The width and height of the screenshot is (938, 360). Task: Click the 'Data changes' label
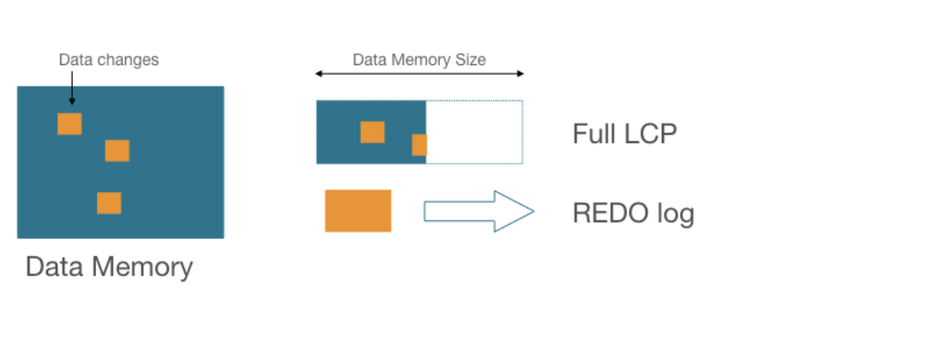[x=108, y=60]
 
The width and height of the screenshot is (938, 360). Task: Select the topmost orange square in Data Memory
[x=69, y=123]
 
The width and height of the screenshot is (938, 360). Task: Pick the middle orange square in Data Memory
[x=117, y=151]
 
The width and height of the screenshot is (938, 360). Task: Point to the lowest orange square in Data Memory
[x=109, y=203]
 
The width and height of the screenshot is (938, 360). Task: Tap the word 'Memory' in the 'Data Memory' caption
[x=142, y=267]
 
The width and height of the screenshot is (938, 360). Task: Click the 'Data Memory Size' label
[x=419, y=60]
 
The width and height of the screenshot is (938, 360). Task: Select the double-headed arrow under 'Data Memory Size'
[x=419, y=74]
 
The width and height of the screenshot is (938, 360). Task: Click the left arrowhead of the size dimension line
[x=319, y=74]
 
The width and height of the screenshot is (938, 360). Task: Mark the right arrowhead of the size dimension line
[x=520, y=74]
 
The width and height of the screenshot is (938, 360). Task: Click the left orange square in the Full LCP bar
[x=372, y=132]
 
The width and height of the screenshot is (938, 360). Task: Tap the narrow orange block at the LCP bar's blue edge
[x=419, y=145]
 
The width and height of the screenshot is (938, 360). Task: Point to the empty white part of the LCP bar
[x=474, y=132]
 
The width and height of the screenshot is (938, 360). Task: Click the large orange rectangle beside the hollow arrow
[x=358, y=211]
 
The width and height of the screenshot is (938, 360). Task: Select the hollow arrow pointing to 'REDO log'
[x=478, y=211]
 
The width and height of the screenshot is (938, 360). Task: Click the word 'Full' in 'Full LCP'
[x=592, y=135]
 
